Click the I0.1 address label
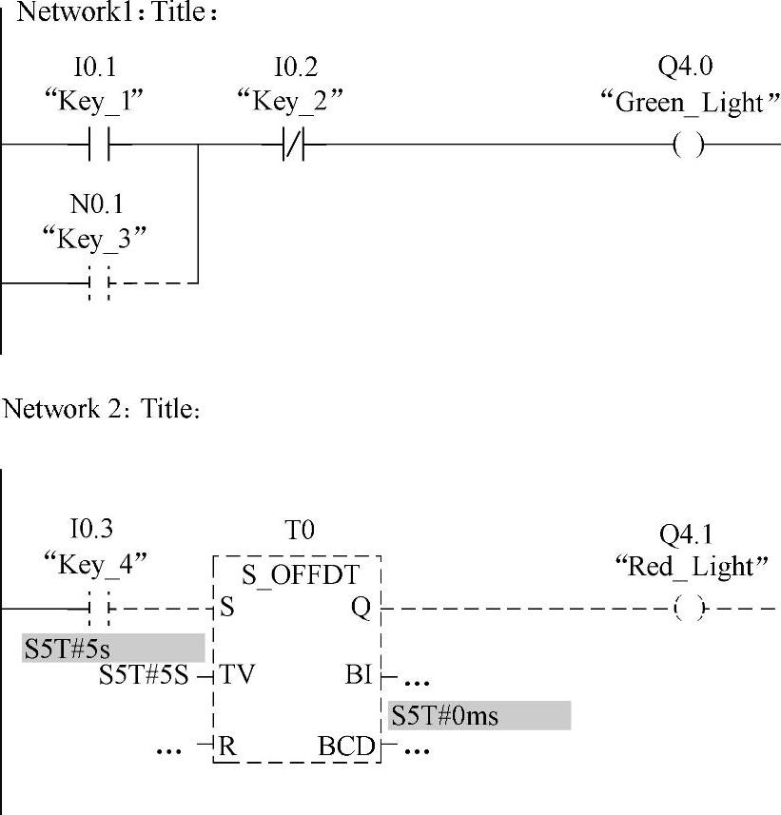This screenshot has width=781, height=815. [x=96, y=68]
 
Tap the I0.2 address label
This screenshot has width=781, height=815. [x=295, y=68]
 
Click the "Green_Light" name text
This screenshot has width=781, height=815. [x=684, y=102]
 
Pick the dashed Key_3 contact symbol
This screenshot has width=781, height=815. [x=99, y=282]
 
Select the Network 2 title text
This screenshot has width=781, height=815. [x=102, y=410]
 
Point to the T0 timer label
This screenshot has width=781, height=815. [x=299, y=531]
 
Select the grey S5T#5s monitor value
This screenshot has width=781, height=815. [x=113, y=648]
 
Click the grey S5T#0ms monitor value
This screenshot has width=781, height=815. [x=478, y=715]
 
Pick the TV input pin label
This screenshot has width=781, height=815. [x=238, y=675]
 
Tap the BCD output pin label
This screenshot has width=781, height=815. [x=346, y=747]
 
